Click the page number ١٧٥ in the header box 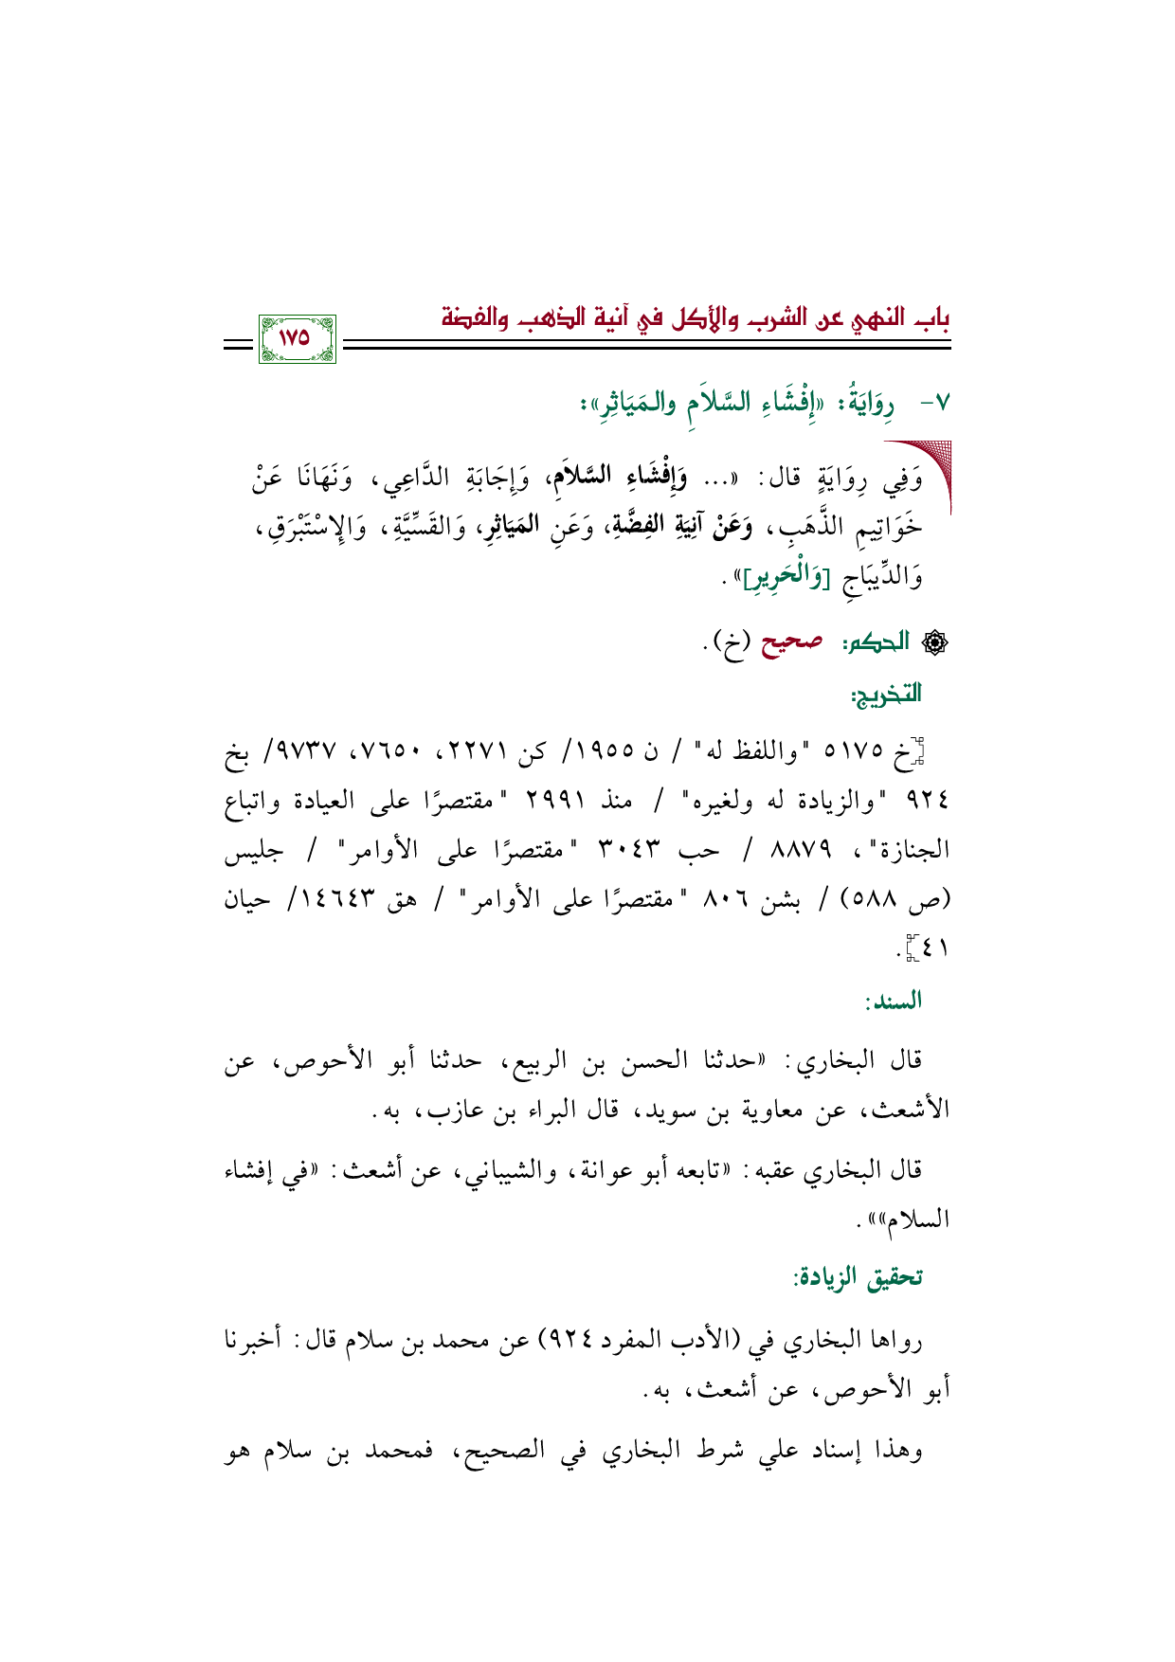(296, 338)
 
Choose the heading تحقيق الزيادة (859, 1276)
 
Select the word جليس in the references (254, 850)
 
